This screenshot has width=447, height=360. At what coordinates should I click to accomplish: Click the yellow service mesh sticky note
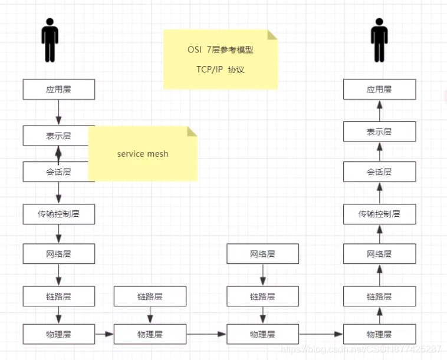click(x=142, y=154)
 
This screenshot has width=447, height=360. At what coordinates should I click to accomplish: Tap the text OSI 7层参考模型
click(x=220, y=50)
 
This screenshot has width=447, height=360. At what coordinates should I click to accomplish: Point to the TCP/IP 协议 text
click(x=220, y=70)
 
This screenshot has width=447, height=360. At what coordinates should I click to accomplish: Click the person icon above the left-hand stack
click(x=50, y=39)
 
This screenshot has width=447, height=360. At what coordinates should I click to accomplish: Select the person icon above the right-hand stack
click(x=379, y=39)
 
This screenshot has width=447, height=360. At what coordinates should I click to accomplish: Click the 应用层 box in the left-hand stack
click(x=58, y=90)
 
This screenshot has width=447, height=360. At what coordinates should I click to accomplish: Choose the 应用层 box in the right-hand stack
click(x=379, y=90)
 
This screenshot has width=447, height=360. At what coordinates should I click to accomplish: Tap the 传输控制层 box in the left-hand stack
click(x=58, y=214)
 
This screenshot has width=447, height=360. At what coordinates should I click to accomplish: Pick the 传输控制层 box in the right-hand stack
click(x=379, y=214)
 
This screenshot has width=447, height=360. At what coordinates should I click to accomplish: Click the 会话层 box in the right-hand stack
click(x=379, y=172)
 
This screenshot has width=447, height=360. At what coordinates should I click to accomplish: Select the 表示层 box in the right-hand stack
click(x=379, y=131)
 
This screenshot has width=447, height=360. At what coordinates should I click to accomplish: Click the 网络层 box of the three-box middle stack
click(x=262, y=254)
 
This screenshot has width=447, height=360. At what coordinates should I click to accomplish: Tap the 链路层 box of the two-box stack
click(x=150, y=296)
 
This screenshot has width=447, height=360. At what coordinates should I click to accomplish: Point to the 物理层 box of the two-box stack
click(x=150, y=334)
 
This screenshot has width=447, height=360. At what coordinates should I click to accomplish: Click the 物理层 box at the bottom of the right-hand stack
click(x=379, y=334)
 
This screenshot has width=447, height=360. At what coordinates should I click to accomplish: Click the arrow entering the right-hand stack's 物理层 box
click(x=321, y=334)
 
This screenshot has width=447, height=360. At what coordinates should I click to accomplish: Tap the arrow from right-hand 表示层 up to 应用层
click(x=379, y=111)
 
